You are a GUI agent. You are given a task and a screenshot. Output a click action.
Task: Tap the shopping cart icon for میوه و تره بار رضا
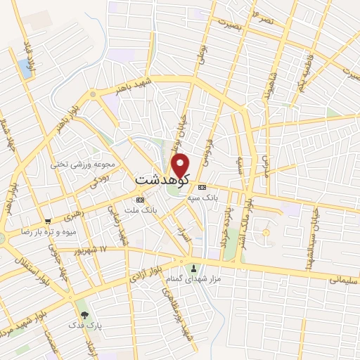(47, 221)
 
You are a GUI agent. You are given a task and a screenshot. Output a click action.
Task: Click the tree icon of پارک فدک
(85, 315)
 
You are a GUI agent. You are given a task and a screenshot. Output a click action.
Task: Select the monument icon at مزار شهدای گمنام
(194, 269)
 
